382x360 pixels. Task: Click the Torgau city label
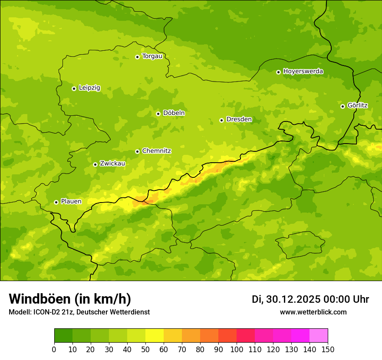[152, 56]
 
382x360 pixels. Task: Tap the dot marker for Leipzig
[74, 88]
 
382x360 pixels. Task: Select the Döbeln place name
[174, 113]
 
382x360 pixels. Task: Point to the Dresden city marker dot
[222, 120]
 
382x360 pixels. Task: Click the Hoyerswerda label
[303, 72]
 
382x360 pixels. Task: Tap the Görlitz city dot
[342, 106]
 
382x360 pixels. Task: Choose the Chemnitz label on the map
[156, 151]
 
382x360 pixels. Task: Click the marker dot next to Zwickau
[95, 164]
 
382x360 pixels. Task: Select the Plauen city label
[71, 202]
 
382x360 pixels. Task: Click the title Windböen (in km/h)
[69, 299]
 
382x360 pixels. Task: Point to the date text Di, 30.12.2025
[285, 299]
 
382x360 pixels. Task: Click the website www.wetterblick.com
[313, 312]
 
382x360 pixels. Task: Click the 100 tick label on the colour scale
[237, 350]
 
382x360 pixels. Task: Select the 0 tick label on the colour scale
[54, 350]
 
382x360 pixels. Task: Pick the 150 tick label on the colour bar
[328, 350]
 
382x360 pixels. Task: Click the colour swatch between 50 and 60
[155, 336]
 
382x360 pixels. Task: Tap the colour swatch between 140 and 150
[319, 336]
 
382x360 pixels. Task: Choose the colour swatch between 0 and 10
[63, 336]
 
